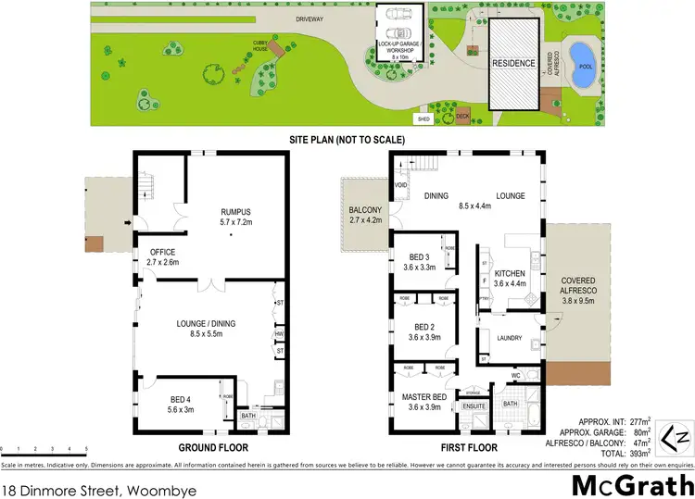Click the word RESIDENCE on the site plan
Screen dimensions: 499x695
[513, 64]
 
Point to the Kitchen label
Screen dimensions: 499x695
[510, 279]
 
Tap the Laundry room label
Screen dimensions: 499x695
[511, 339]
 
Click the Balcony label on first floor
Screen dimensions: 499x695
[364, 215]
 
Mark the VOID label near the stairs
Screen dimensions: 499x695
[400, 185]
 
